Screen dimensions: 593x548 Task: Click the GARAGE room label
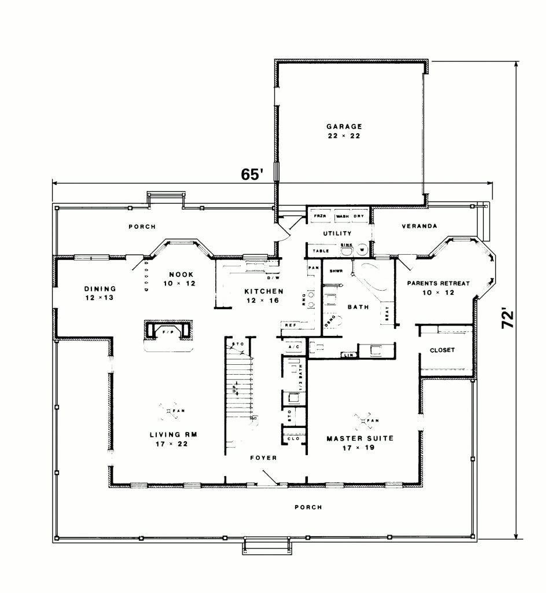coord(344,126)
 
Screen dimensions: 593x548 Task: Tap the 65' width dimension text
coord(253,174)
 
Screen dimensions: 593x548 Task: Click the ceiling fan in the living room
coord(169,411)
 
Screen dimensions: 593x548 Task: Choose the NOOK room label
coord(181,274)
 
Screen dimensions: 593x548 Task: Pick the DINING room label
coord(100,288)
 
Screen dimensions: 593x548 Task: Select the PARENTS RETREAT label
coord(437,284)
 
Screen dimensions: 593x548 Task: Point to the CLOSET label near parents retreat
coord(442,350)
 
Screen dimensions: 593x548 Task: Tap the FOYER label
coord(263,458)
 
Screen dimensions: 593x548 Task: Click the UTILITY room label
coord(337,233)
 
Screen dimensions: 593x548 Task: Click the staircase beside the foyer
coord(240,382)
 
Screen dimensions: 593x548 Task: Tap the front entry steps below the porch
coord(265,547)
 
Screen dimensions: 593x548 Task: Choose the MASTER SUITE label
coord(359,439)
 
